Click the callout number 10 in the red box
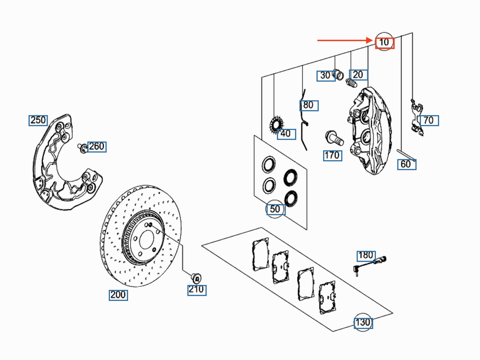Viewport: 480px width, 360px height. (x=384, y=43)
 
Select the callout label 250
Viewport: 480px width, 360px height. (x=38, y=120)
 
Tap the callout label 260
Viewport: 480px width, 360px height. (x=96, y=146)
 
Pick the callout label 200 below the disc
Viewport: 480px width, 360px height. (x=118, y=295)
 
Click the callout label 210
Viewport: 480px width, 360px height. (x=196, y=289)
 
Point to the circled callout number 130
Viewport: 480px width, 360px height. (x=363, y=323)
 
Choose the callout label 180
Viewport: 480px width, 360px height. (x=365, y=256)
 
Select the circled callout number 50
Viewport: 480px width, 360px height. (x=275, y=209)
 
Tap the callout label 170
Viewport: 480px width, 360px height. (x=332, y=155)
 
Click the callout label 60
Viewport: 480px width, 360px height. (x=406, y=164)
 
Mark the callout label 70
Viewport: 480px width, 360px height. (x=429, y=120)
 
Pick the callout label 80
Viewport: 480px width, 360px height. (x=309, y=105)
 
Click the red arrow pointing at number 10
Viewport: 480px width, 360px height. (x=346, y=41)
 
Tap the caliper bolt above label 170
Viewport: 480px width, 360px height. (x=334, y=138)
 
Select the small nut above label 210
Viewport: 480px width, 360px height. (x=196, y=277)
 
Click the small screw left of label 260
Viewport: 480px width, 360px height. (x=83, y=147)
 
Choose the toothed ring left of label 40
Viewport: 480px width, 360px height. (x=275, y=126)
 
